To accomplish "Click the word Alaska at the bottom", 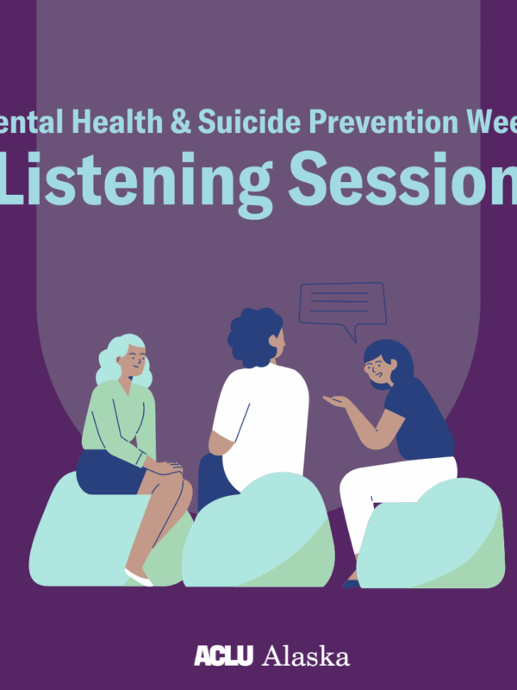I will click(x=306, y=657).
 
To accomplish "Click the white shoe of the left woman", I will click(x=139, y=576).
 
